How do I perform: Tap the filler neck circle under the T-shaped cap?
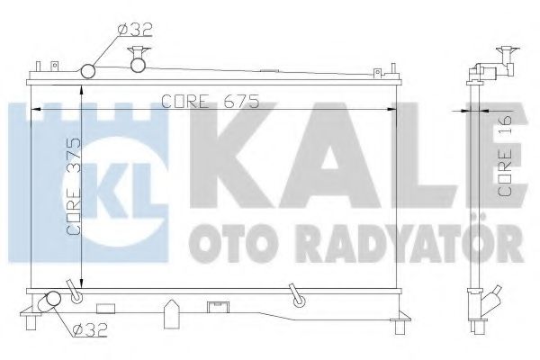138,64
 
